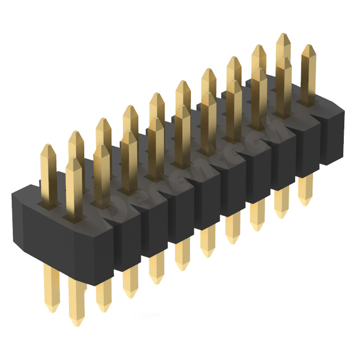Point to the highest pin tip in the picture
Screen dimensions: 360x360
coord(283,35)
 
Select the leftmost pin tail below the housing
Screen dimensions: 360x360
coord(51,288)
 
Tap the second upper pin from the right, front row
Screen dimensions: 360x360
coord(283,85)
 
